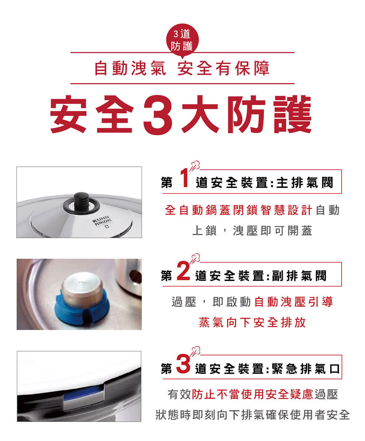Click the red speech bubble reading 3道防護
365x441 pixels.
pyautogui.click(x=181, y=41)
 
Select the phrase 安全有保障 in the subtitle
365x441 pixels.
pyautogui.click(x=224, y=69)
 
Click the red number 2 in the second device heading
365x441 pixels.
pyautogui.click(x=184, y=272)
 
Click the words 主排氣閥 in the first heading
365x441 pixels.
pyautogui.click(x=305, y=183)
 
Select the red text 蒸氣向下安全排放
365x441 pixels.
pyautogui.click(x=252, y=323)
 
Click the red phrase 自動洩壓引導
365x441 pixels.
pyautogui.click(x=293, y=302)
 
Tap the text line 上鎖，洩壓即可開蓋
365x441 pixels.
pyautogui.click(x=252, y=230)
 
